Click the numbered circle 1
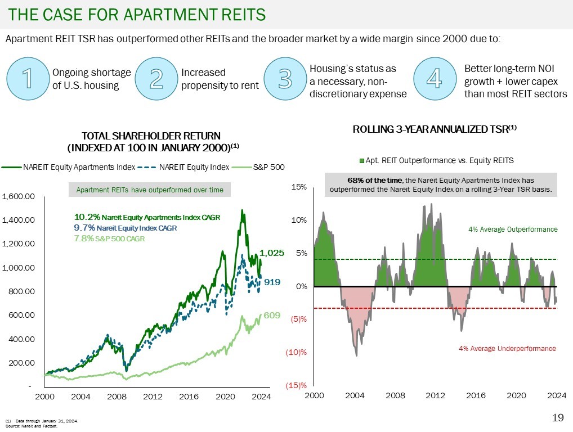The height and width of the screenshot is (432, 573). tap(27, 79)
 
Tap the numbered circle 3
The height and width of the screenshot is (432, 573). tap(285, 79)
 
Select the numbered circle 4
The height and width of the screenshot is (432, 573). tap(434, 79)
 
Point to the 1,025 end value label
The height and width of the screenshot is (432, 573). tap(272, 253)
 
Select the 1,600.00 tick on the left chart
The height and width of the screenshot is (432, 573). tap(19, 196)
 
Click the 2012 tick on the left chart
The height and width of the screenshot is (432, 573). tap(153, 397)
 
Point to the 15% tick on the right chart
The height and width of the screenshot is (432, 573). tap(298, 186)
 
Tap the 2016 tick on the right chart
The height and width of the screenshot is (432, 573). tap(476, 395)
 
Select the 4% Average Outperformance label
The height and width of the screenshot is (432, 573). tap(513, 229)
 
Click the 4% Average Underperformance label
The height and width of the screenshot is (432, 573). tap(507, 349)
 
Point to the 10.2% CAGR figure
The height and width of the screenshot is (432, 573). tap(87, 217)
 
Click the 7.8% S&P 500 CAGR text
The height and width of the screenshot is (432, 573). tap(109, 238)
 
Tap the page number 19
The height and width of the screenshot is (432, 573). tap(558, 417)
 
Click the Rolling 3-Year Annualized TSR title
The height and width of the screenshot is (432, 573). tap(434, 129)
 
